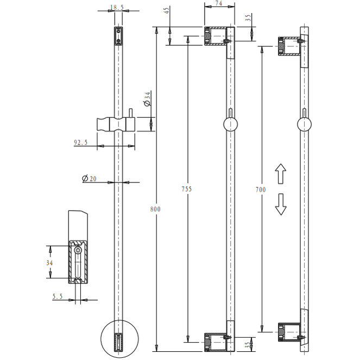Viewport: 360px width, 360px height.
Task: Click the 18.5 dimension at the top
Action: pyautogui.click(x=117, y=8)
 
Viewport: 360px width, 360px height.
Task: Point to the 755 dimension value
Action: pyautogui.click(x=187, y=190)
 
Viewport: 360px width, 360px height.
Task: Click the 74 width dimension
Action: pyautogui.click(x=219, y=4)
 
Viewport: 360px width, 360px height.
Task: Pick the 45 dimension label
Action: pyautogui.click(x=166, y=10)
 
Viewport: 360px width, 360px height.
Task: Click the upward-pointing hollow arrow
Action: pyautogui.click(x=280, y=175)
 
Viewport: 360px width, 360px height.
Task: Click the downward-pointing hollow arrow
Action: pyautogui.click(x=280, y=205)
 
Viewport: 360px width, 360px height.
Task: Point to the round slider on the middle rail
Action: pyautogui.click(x=231, y=125)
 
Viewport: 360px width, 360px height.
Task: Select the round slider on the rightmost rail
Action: pyautogui.click(x=305, y=125)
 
